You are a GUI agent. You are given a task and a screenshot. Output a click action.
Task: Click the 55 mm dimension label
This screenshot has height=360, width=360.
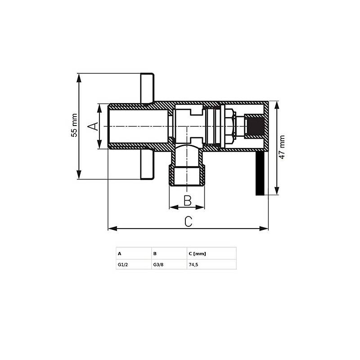[74, 126]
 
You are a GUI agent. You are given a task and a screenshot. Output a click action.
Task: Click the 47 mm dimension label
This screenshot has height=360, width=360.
[282, 147]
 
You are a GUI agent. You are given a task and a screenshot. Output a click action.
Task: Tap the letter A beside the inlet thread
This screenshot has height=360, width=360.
[93, 126]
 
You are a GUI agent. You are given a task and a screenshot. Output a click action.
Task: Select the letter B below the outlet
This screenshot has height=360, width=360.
[188, 200]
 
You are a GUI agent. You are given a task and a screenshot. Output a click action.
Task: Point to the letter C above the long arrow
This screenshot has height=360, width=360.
[188, 221]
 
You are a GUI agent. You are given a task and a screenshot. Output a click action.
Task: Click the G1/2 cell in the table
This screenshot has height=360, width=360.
[123, 265]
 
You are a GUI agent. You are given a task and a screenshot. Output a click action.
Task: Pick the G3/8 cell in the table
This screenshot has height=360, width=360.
[158, 265]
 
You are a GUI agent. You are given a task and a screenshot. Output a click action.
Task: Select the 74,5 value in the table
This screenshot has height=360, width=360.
[193, 265]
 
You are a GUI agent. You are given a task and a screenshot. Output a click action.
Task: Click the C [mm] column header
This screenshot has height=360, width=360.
[197, 254]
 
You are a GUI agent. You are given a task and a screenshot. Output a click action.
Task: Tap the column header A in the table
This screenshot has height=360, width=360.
[119, 254]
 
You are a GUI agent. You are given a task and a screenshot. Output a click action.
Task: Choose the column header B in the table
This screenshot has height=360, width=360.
[155, 254]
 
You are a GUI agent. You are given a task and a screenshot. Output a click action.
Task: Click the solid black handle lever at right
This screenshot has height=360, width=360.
[260, 173]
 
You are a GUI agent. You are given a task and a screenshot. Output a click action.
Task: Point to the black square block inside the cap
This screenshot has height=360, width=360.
[256, 126]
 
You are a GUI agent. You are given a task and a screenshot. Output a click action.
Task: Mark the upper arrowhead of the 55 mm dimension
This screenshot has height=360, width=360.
[79, 78]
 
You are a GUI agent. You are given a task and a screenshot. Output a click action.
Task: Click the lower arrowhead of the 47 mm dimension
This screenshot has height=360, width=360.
[277, 191]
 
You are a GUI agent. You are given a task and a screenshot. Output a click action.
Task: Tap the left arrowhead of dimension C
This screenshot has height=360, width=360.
[112, 229]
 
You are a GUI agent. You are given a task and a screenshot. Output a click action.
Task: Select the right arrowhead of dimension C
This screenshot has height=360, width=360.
[264, 229]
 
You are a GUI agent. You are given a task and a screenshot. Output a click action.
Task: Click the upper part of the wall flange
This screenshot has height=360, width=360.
[147, 88]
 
